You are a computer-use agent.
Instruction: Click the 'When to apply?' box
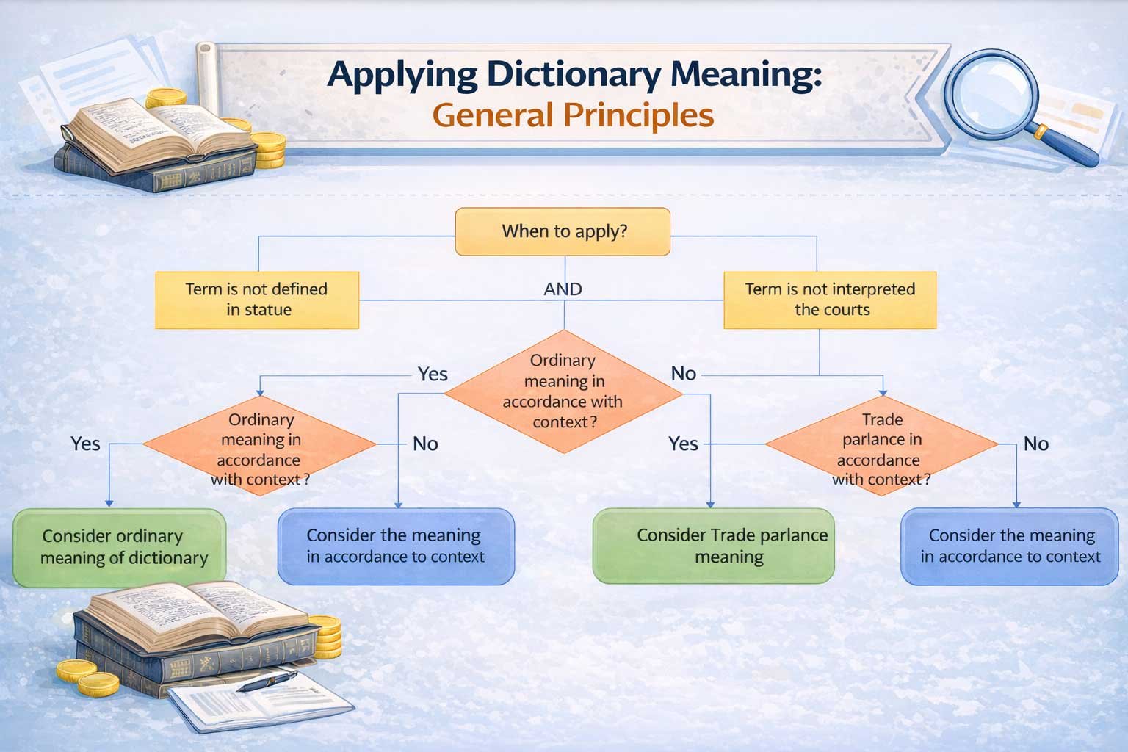pos(563,231)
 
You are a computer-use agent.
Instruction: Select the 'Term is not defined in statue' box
pos(257,300)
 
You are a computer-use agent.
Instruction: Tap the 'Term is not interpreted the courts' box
pos(830,300)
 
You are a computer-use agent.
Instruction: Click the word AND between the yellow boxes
pos(563,289)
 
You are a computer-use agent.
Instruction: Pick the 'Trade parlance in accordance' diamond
pos(881,445)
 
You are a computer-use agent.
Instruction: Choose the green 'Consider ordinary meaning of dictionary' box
pos(120,548)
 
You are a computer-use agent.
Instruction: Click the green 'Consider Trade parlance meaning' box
pos(714,546)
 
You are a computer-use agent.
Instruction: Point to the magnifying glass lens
pos(991,94)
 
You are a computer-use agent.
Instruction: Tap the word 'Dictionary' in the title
pos(574,75)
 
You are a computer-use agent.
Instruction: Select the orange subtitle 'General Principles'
pos(573,115)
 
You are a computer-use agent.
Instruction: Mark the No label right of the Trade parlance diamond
pos(1036,444)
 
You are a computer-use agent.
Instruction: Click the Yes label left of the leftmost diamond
pos(85,444)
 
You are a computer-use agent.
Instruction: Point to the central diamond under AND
pos(563,392)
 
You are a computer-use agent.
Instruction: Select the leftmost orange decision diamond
pos(259,445)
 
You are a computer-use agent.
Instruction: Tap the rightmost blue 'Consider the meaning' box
pos(1009,546)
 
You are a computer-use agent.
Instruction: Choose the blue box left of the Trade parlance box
pos(396,546)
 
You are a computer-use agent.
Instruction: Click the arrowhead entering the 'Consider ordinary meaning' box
pos(109,503)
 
